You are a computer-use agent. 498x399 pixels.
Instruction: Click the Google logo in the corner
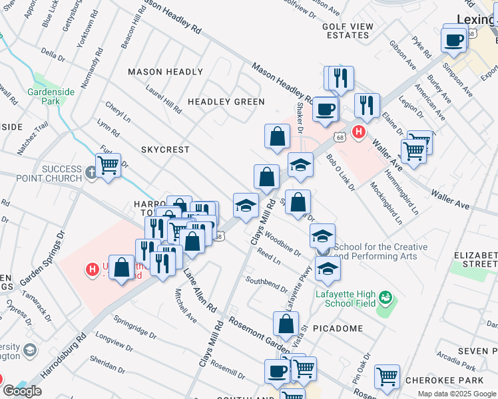[x=22, y=391]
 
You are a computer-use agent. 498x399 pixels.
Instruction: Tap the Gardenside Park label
[x=44, y=96]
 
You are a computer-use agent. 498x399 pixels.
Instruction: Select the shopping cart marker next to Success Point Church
[x=108, y=165]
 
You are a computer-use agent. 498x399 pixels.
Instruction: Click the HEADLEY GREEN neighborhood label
[x=226, y=102]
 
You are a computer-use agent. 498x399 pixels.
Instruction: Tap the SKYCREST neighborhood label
[x=165, y=150]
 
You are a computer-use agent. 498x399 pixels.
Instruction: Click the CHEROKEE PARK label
[x=463, y=381]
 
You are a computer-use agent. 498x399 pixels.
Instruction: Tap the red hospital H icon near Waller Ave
[x=359, y=132]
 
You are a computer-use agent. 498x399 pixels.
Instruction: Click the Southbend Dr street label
[x=266, y=284]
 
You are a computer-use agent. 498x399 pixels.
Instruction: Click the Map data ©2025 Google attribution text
[x=455, y=393]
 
